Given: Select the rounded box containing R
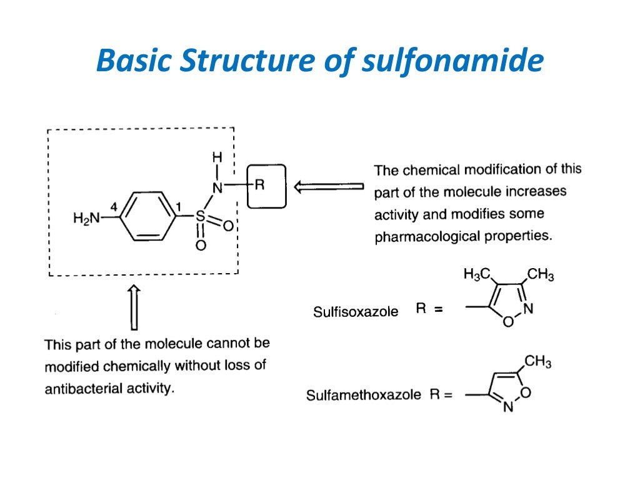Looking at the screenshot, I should click(266, 186).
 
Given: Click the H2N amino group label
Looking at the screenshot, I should click(86, 218).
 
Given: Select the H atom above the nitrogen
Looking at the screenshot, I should click(217, 157).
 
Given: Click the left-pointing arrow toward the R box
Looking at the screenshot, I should click(328, 186).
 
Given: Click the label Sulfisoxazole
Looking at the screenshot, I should click(355, 311).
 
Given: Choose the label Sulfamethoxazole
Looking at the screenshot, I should click(363, 395).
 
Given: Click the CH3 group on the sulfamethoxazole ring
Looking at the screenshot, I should click(537, 361).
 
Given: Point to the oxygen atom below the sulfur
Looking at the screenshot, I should click(200, 246).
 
